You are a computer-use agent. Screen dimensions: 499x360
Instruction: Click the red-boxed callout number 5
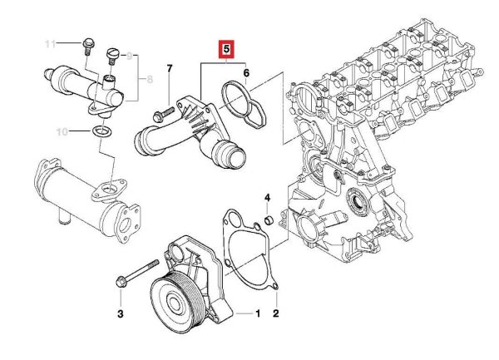click(226, 49)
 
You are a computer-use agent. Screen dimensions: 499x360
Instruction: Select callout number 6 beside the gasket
click(246, 73)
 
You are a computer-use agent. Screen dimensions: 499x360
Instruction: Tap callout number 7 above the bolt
click(170, 68)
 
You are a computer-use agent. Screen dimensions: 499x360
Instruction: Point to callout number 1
click(258, 313)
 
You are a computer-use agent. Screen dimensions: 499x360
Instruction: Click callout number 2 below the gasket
click(275, 313)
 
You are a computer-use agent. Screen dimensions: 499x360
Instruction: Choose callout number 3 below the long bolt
click(120, 314)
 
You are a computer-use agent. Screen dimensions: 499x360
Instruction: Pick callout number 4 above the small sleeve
click(267, 198)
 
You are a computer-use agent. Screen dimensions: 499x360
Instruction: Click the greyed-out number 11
click(50, 43)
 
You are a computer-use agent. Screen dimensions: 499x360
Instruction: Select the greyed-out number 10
click(62, 131)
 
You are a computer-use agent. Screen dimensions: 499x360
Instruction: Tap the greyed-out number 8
click(150, 79)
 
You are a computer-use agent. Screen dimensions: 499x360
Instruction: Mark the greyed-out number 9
click(129, 57)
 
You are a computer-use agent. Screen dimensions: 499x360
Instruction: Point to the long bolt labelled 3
click(138, 274)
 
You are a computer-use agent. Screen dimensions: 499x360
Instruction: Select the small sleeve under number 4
click(269, 219)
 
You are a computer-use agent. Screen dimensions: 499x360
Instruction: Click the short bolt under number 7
click(164, 114)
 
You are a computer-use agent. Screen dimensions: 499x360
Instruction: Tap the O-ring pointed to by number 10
click(101, 131)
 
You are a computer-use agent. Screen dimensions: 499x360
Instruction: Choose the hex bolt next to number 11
click(88, 47)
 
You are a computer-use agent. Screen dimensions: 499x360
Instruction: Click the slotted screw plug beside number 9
click(111, 55)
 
